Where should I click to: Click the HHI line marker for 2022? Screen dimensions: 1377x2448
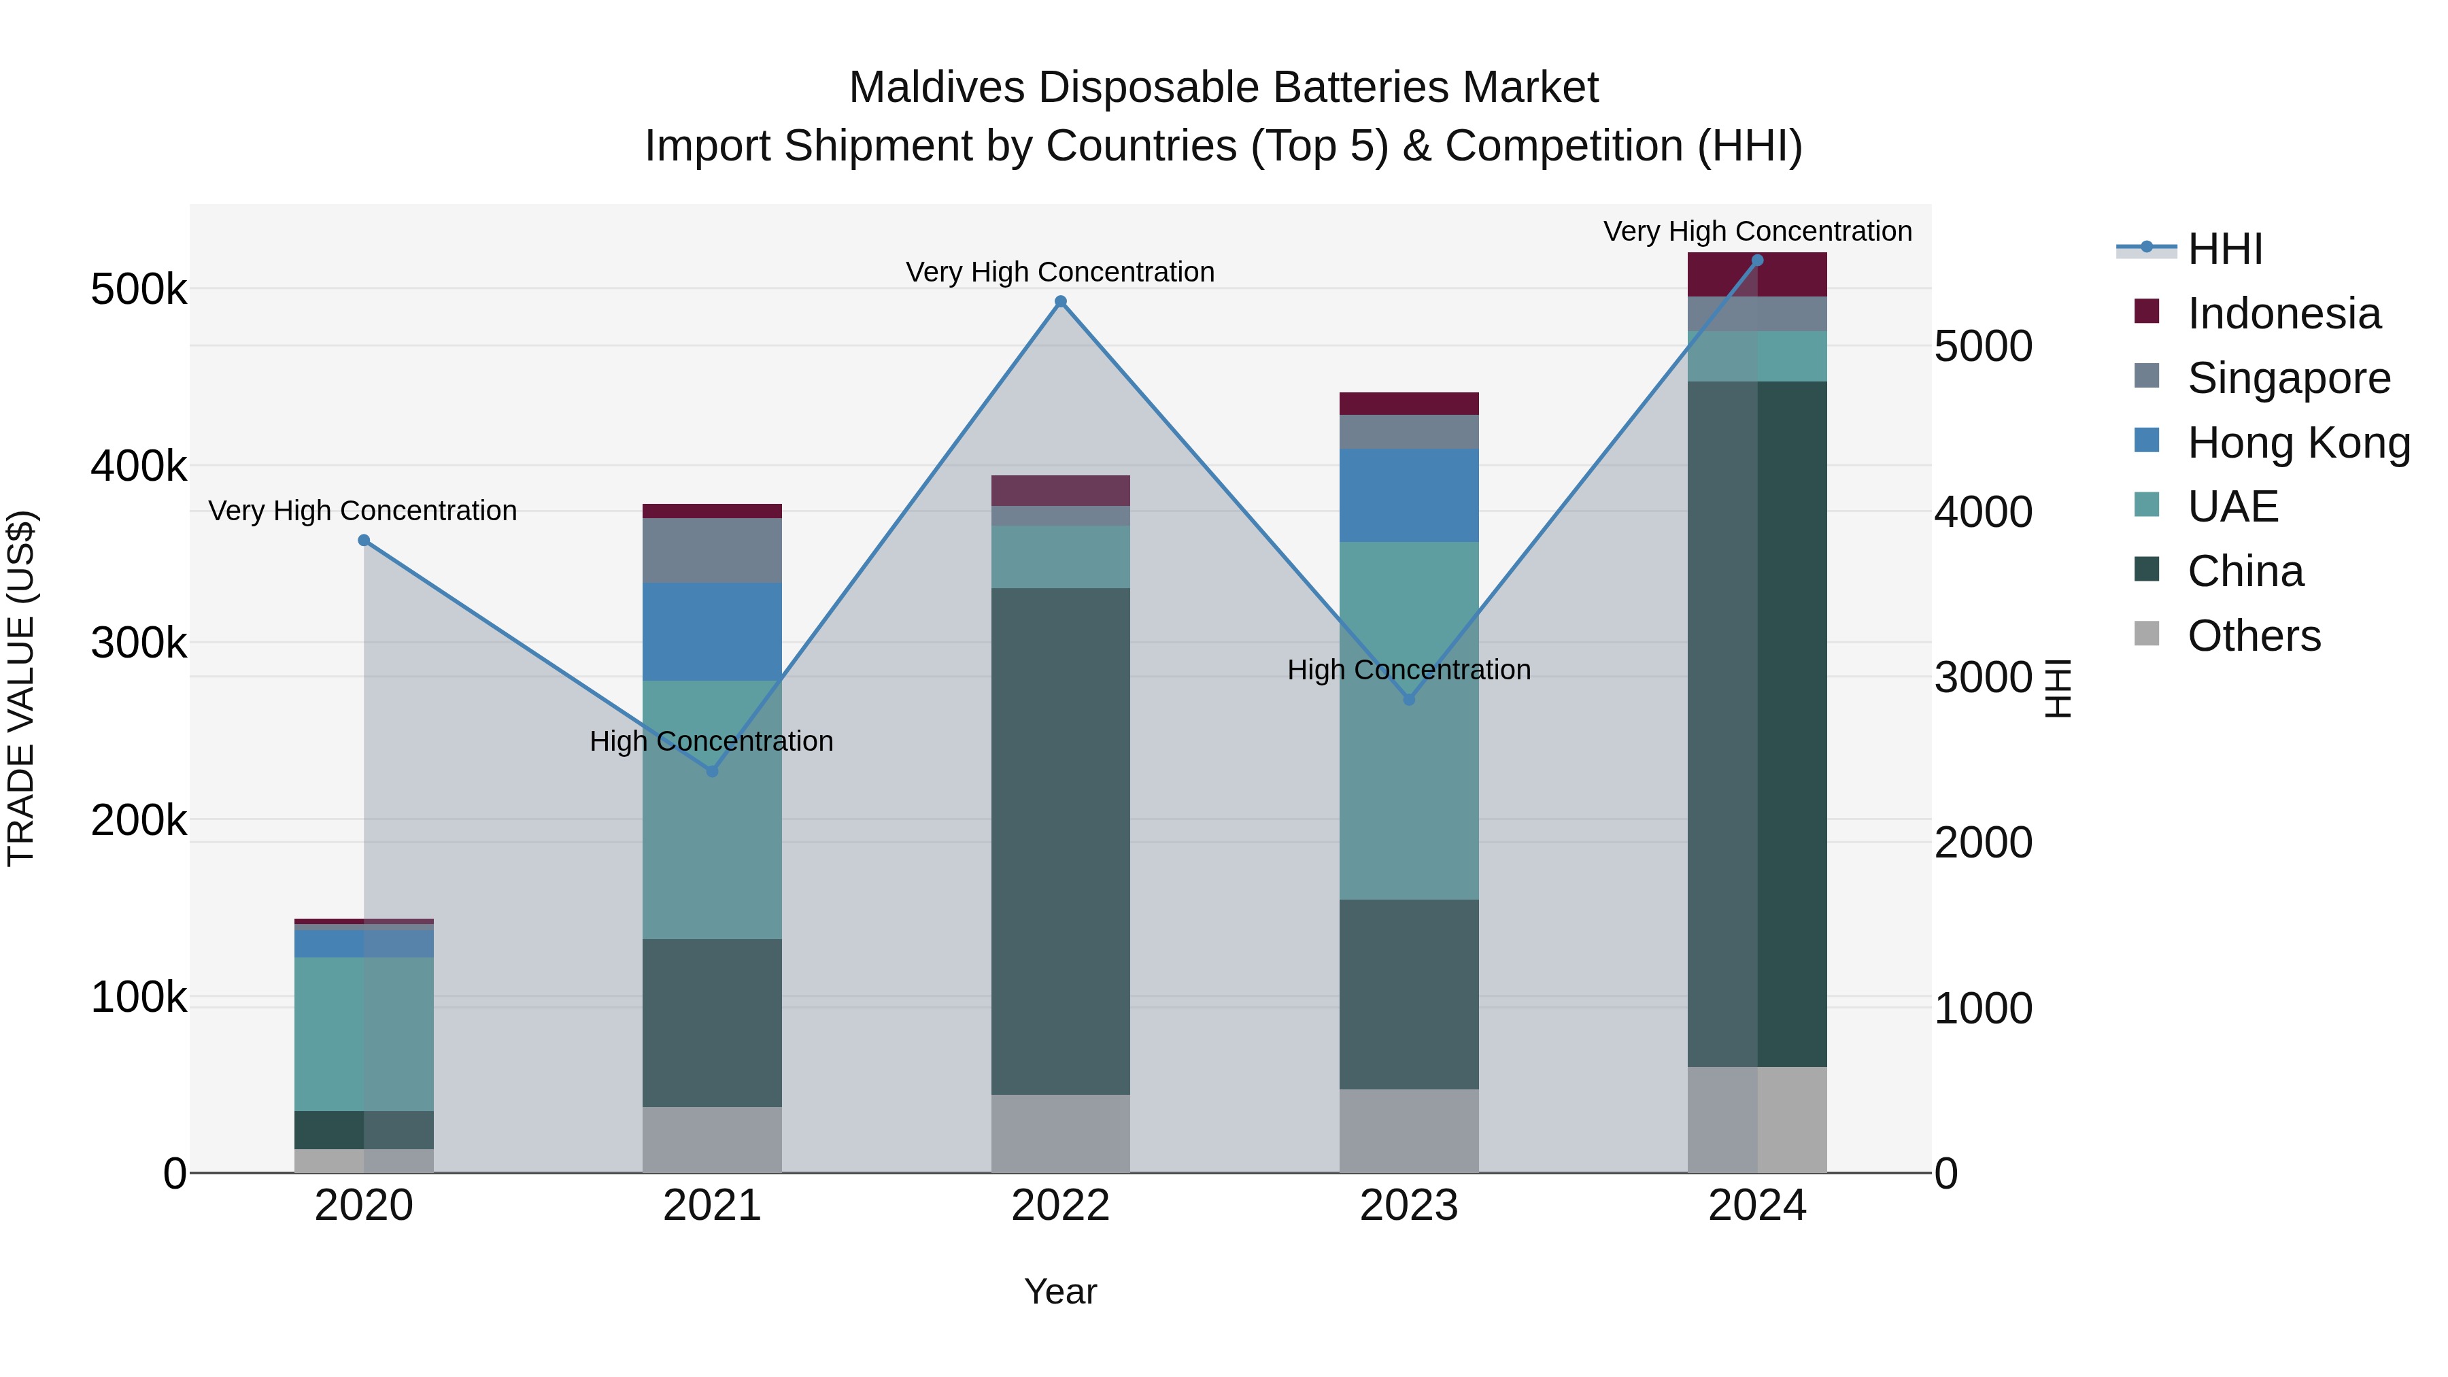click(1061, 302)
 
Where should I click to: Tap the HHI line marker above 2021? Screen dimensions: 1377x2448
click(712, 770)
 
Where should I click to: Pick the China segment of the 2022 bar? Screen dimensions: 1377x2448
click(1061, 841)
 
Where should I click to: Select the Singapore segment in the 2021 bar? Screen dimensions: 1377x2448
click(712, 550)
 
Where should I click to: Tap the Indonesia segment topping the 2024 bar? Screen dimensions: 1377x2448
click(1757, 275)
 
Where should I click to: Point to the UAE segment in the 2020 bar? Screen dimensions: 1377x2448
click(364, 1034)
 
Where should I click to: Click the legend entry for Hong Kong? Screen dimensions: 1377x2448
click(2298, 443)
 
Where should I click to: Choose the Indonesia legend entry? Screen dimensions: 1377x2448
click(2283, 313)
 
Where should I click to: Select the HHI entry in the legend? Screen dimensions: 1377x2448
click(2224, 249)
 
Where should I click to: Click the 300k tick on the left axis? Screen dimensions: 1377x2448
click(139, 643)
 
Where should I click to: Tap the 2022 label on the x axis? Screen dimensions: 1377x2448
click(1061, 1206)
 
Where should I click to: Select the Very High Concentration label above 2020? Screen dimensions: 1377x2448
click(363, 511)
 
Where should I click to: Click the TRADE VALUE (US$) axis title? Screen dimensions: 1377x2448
click(21, 688)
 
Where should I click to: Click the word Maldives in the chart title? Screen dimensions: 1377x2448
click(936, 88)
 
